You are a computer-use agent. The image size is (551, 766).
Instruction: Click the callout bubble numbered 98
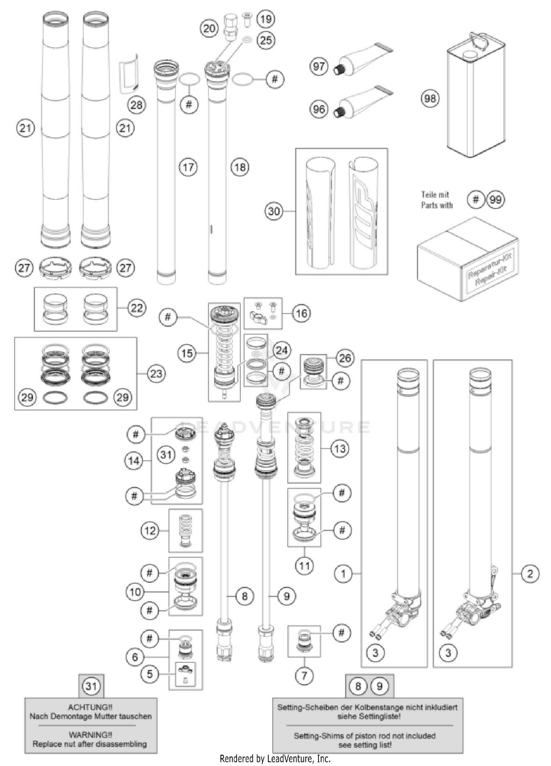(x=430, y=98)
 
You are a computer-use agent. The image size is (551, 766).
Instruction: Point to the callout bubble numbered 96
(x=318, y=109)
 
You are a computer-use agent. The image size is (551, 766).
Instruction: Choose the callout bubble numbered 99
(x=496, y=200)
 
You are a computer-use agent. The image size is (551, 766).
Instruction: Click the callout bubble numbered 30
(x=274, y=211)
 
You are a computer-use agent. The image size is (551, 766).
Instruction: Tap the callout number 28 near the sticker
(x=136, y=105)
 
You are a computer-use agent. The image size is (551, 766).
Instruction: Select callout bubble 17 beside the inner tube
(x=188, y=167)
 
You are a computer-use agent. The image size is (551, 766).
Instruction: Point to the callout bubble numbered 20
(x=209, y=28)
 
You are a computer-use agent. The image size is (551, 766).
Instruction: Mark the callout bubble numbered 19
(x=266, y=19)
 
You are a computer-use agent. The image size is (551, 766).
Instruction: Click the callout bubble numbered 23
(x=156, y=374)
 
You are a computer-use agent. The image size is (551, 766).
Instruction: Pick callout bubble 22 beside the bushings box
(x=137, y=308)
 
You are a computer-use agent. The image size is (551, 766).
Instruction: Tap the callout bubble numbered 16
(x=301, y=313)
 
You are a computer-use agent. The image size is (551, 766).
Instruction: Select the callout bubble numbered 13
(x=340, y=448)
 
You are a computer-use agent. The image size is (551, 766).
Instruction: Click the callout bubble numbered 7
(x=304, y=675)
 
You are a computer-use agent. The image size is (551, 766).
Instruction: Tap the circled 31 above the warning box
(x=91, y=686)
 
